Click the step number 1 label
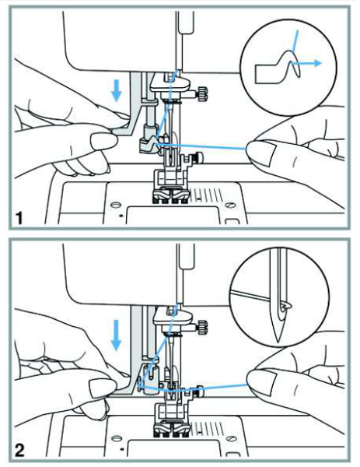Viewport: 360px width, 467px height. click(x=19, y=218)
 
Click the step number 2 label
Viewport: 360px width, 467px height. click(x=19, y=451)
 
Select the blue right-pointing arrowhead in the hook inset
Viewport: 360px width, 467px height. click(x=318, y=63)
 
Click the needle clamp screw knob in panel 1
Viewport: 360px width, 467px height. click(x=202, y=93)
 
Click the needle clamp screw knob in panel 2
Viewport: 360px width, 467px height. click(x=202, y=325)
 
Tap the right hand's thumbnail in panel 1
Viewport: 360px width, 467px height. click(x=262, y=153)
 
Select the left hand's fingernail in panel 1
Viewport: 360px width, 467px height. click(x=103, y=141)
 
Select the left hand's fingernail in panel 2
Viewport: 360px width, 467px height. click(x=103, y=388)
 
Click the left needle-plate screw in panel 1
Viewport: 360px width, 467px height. click(x=115, y=205)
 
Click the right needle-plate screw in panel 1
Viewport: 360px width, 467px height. click(x=229, y=205)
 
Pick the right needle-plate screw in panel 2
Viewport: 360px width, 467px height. click(x=229, y=438)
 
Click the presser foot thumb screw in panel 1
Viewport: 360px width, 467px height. click(x=199, y=157)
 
